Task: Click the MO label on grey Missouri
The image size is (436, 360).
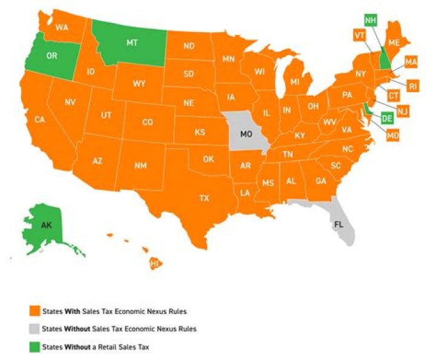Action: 246,134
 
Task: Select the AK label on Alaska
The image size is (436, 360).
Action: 46,224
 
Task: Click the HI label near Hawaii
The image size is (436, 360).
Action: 154,264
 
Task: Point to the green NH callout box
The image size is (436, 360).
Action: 371,21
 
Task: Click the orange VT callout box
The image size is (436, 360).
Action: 358,36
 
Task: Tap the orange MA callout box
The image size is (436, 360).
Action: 411,62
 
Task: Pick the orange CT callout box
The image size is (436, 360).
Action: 394,96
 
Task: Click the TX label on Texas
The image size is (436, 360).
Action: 205,198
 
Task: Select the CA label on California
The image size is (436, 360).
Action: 40,119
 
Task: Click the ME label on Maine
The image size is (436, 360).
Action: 394,43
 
